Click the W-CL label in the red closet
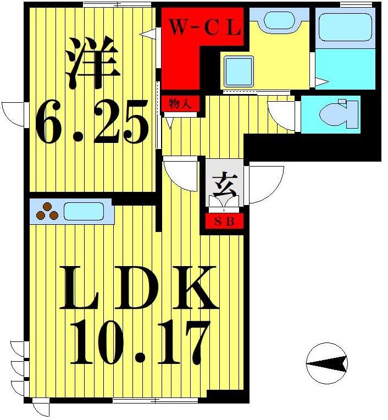point(204,28)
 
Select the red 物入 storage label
point(180,103)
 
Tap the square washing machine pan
point(238,71)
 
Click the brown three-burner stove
point(47,211)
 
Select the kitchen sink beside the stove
point(84,211)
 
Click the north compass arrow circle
point(327,363)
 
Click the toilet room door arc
point(283,115)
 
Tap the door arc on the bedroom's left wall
point(14,114)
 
